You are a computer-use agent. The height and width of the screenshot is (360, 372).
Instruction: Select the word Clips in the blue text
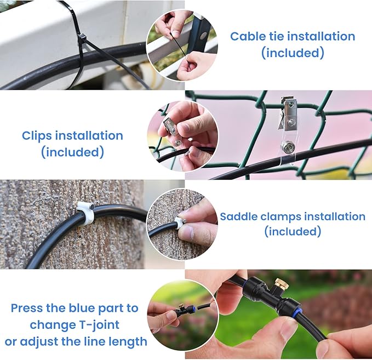pyautogui.click(x=37, y=136)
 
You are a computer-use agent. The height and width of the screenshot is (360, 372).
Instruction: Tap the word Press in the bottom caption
pyautogui.click(x=27, y=308)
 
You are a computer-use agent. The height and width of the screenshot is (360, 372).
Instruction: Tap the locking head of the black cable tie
pyautogui.click(x=82, y=37)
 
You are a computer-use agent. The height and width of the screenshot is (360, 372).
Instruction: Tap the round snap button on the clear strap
pyautogui.click(x=287, y=146)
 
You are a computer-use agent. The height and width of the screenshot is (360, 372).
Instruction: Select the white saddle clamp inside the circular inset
pyautogui.click(x=180, y=222)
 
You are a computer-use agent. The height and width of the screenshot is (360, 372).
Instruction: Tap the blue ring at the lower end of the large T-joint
pyautogui.click(x=293, y=310)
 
